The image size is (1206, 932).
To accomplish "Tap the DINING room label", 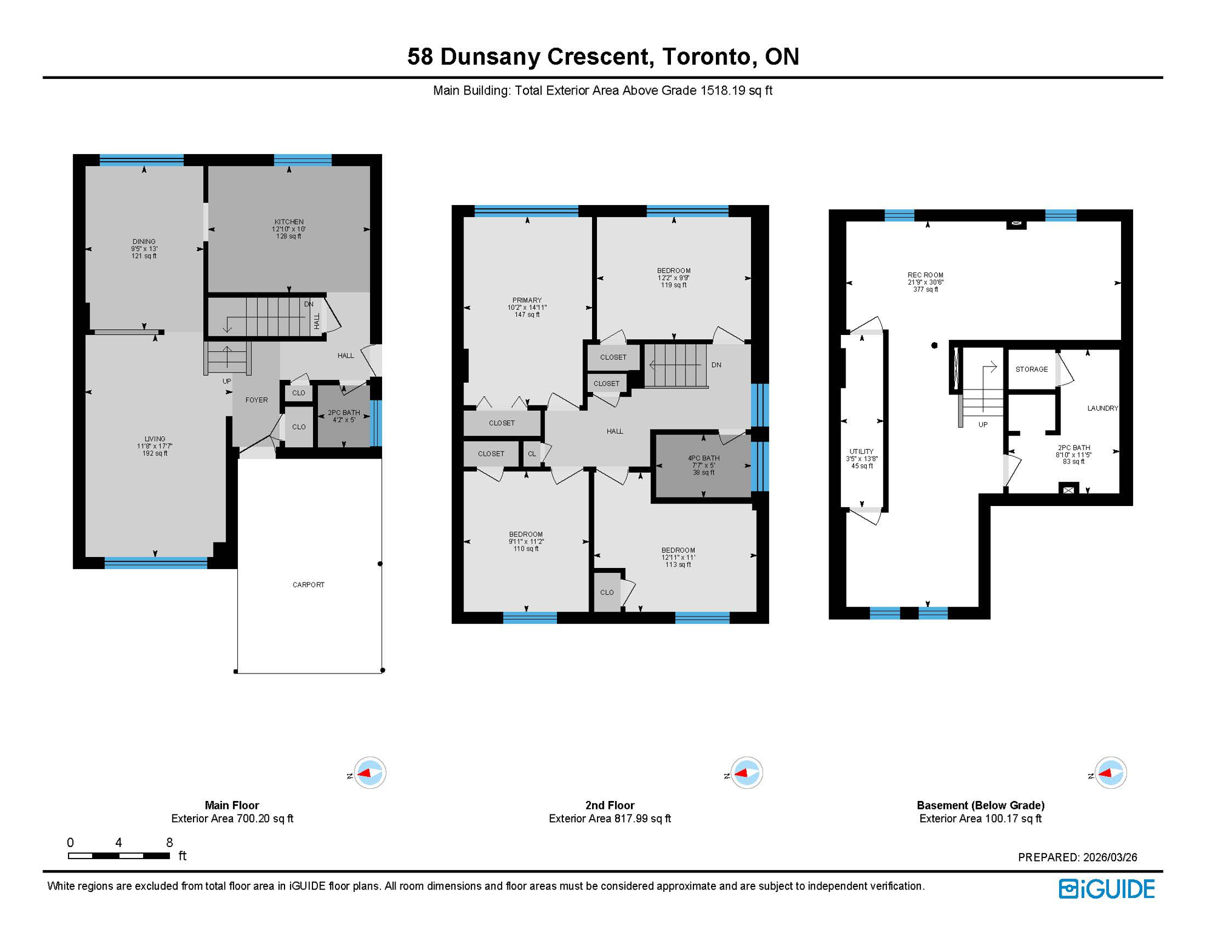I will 144,242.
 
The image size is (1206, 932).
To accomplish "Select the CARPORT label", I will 308,585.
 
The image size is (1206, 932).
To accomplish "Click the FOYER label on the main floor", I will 256,400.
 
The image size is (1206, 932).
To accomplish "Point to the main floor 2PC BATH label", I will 343,413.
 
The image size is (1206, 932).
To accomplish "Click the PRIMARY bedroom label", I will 527,300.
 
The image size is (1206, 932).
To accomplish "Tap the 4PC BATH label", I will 703,459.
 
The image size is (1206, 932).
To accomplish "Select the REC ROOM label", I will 925,275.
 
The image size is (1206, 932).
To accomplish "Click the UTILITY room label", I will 861,452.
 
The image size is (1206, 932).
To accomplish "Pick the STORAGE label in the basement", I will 1031,370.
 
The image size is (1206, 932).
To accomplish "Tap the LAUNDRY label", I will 1102,408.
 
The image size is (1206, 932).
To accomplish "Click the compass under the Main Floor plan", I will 369,773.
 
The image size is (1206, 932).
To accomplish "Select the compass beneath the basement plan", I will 1110,773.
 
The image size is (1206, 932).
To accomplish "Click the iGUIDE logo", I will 1107,889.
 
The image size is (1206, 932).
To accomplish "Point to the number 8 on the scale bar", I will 169,842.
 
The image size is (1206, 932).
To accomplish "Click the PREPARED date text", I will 1077,857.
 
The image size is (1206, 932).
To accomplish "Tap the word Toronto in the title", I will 707,56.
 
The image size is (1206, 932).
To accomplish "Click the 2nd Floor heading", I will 609,805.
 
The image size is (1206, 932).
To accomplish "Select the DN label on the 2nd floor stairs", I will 716,365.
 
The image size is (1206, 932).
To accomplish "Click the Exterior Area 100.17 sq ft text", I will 980,819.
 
